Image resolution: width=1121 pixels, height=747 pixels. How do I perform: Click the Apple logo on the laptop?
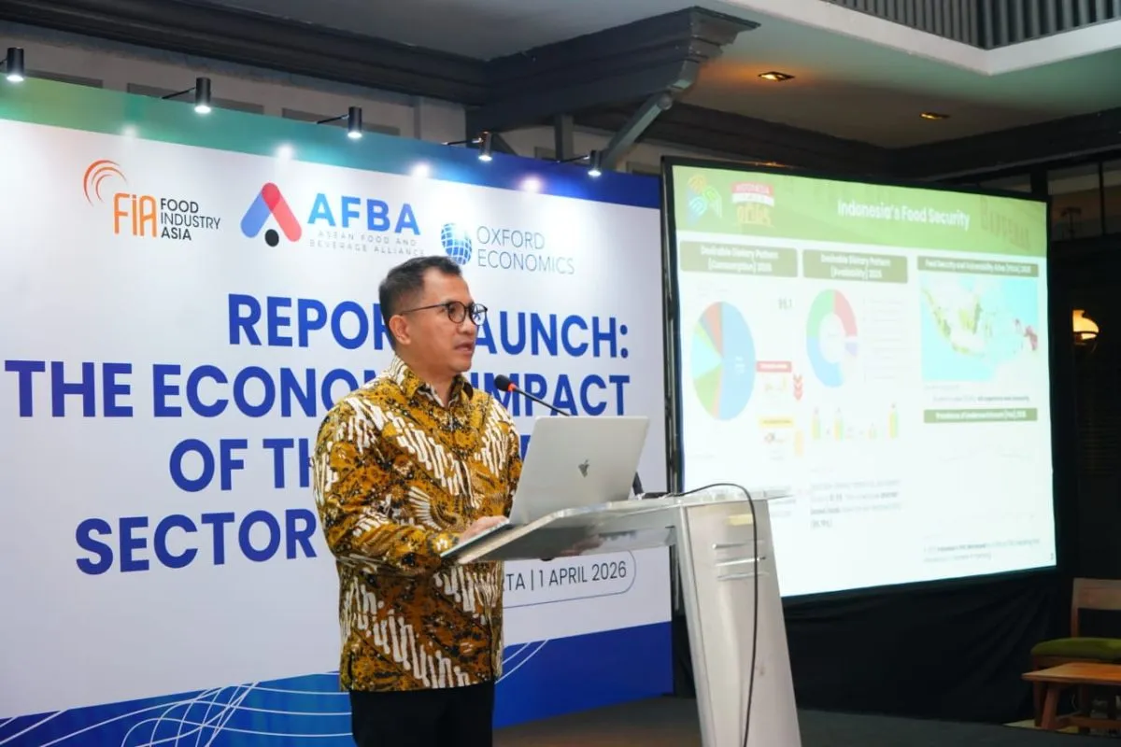(x=584, y=468)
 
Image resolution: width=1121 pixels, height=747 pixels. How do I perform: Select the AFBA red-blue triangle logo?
(x=270, y=214)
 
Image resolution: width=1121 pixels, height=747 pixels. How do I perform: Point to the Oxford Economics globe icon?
(x=456, y=244)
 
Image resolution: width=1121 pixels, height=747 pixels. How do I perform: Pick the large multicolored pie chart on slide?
(x=723, y=360)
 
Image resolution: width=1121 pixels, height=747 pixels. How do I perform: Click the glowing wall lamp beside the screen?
(x=1084, y=327)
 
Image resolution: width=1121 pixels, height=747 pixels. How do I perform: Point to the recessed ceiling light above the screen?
(x=774, y=76)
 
